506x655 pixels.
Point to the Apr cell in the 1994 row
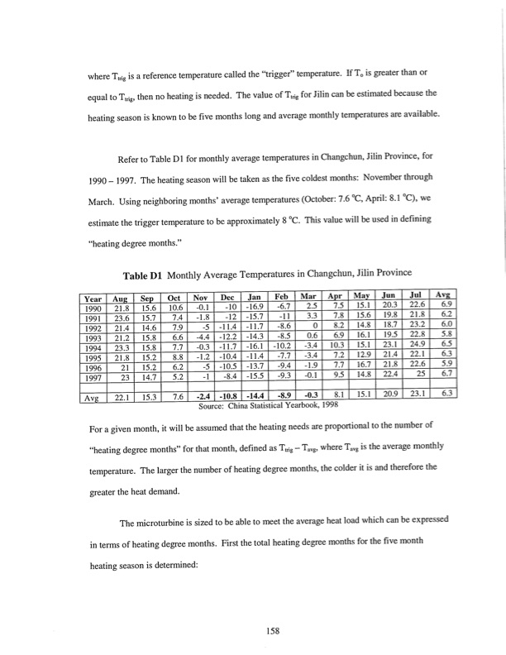337,347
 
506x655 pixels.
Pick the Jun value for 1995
391,356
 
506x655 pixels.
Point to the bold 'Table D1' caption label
147,275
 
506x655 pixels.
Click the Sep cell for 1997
146,376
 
